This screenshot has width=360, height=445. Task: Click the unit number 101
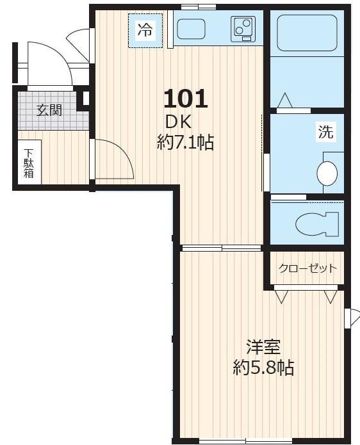pyautogui.click(x=186, y=99)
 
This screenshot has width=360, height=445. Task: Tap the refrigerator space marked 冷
pyautogui.click(x=145, y=30)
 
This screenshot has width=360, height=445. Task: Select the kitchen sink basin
pyautogui.click(x=190, y=30)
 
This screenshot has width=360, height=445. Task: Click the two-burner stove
pyautogui.click(x=243, y=29)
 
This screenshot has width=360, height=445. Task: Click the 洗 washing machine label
pyautogui.click(x=325, y=133)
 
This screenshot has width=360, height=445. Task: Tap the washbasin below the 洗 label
pyautogui.click(x=327, y=173)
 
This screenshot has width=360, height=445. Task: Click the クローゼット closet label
pyautogui.click(x=307, y=268)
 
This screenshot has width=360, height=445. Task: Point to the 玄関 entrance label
pyautogui.click(x=49, y=110)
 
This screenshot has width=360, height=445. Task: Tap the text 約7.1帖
pyautogui.click(x=185, y=142)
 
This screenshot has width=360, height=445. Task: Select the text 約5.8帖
pyautogui.click(x=263, y=368)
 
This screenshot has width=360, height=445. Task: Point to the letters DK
pyautogui.click(x=179, y=121)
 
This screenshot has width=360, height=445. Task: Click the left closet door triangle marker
pyautogui.click(x=281, y=296)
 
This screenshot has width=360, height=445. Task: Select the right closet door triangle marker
pyautogui.click(x=331, y=296)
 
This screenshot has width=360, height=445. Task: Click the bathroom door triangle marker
pyautogui.click(x=285, y=101)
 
